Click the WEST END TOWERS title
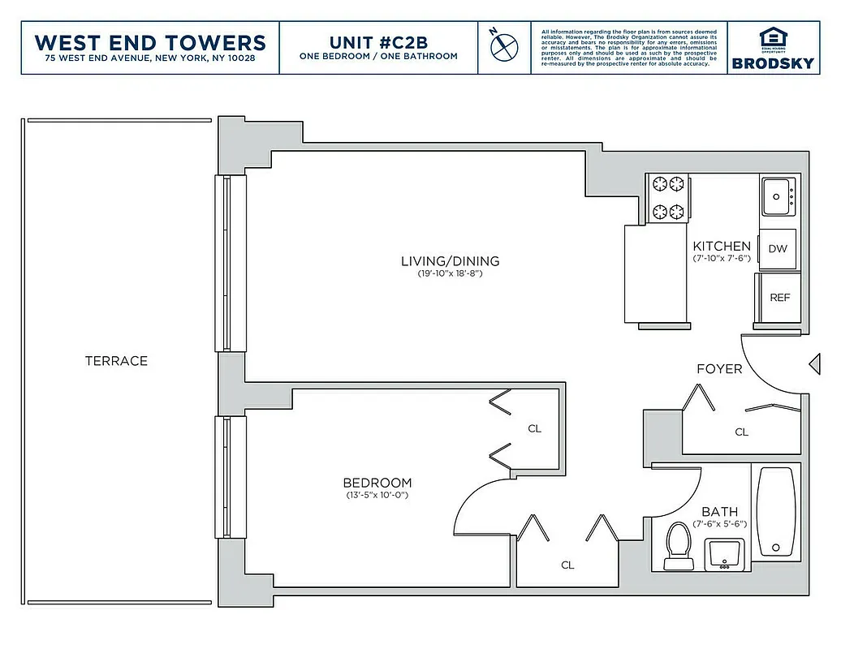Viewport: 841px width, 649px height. tap(150, 41)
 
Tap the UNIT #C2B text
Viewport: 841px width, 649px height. tap(377, 41)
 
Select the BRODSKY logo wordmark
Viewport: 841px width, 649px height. tap(772, 63)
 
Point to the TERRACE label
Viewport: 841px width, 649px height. tap(116, 361)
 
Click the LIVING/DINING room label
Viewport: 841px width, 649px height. tap(450, 261)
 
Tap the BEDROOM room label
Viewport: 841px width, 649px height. tap(376, 482)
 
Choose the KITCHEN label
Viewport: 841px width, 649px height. tap(721, 246)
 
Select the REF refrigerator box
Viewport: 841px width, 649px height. tap(778, 298)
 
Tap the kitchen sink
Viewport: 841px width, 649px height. tap(781, 196)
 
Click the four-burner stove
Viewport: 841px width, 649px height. tap(668, 198)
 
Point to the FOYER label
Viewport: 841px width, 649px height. tap(719, 369)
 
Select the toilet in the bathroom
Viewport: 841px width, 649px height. tap(677, 544)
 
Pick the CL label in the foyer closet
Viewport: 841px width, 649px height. tap(741, 432)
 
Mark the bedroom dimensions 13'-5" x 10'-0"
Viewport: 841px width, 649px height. tap(376, 495)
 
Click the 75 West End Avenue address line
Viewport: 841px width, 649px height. tap(150, 58)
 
